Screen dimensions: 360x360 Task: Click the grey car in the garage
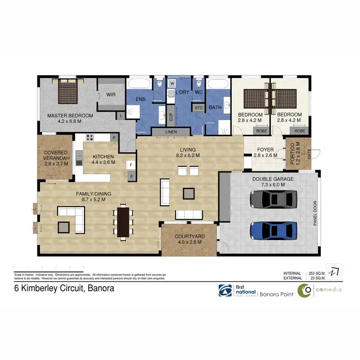274,199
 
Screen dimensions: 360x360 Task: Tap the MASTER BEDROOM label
70,115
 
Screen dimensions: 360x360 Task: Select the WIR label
111,95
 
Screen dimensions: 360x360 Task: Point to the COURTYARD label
190,237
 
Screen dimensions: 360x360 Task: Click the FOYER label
265,149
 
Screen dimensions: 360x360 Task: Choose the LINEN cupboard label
171,132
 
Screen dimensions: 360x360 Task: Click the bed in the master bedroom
71,92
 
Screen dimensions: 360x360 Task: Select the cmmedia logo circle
304,291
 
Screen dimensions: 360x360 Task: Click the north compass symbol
335,272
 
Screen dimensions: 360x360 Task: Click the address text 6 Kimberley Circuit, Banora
63,289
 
